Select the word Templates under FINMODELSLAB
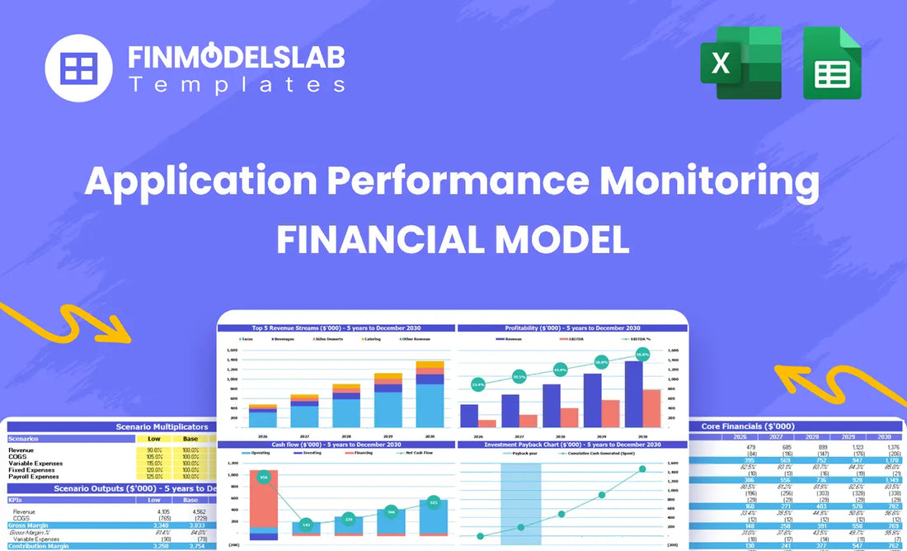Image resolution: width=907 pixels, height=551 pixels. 237,84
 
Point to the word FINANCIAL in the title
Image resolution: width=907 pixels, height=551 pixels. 386,239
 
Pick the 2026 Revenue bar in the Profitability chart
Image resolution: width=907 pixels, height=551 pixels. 469,415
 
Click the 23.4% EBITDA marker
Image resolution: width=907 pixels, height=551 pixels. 477,384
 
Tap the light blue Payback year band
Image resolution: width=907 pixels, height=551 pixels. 521,503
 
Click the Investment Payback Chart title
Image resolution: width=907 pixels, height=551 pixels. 573,445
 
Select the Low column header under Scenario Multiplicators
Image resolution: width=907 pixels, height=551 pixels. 153,438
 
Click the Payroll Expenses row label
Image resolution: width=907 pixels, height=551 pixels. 34,476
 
